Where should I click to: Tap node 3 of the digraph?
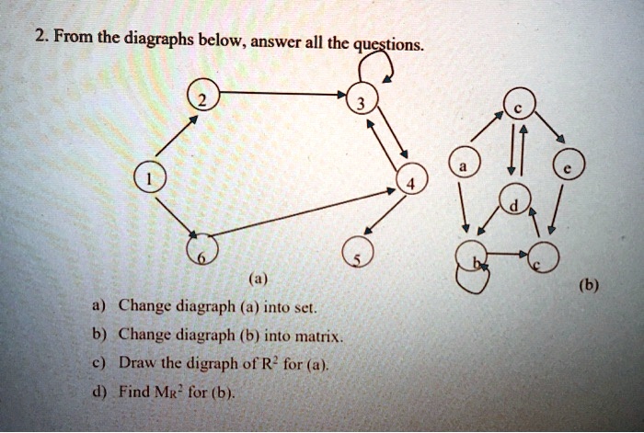pyautogui.click(x=362, y=97)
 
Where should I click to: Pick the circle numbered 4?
pyautogui.click(x=412, y=178)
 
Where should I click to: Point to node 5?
pyautogui.click(x=358, y=251)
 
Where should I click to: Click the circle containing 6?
pyautogui.click(x=202, y=249)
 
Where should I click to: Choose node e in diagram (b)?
pyautogui.click(x=568, y=164)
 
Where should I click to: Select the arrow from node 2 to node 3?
pyautogui.click(x=283, y=94)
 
